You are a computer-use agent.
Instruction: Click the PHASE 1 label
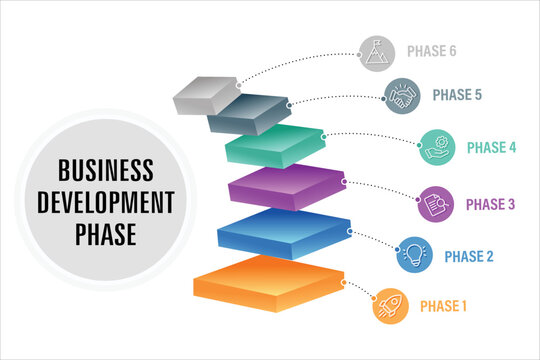tap(443, 305)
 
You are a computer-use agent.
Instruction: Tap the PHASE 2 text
tap(469, 256)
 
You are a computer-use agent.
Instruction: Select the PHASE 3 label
tap(491, 205)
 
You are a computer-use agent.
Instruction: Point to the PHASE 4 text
tap(492, 147)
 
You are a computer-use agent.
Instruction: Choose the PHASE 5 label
tap(458, 95)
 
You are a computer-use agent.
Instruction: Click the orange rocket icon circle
tap(390, 305)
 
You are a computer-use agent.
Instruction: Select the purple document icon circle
tap(436, 204)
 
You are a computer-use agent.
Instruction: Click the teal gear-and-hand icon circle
tap(437, 147)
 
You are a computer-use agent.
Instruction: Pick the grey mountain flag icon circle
tap(377, 52)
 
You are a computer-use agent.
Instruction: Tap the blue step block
tap(284, 232)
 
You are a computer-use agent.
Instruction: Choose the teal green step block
tap(277, 145)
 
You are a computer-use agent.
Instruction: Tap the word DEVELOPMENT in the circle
tap(106, 202)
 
